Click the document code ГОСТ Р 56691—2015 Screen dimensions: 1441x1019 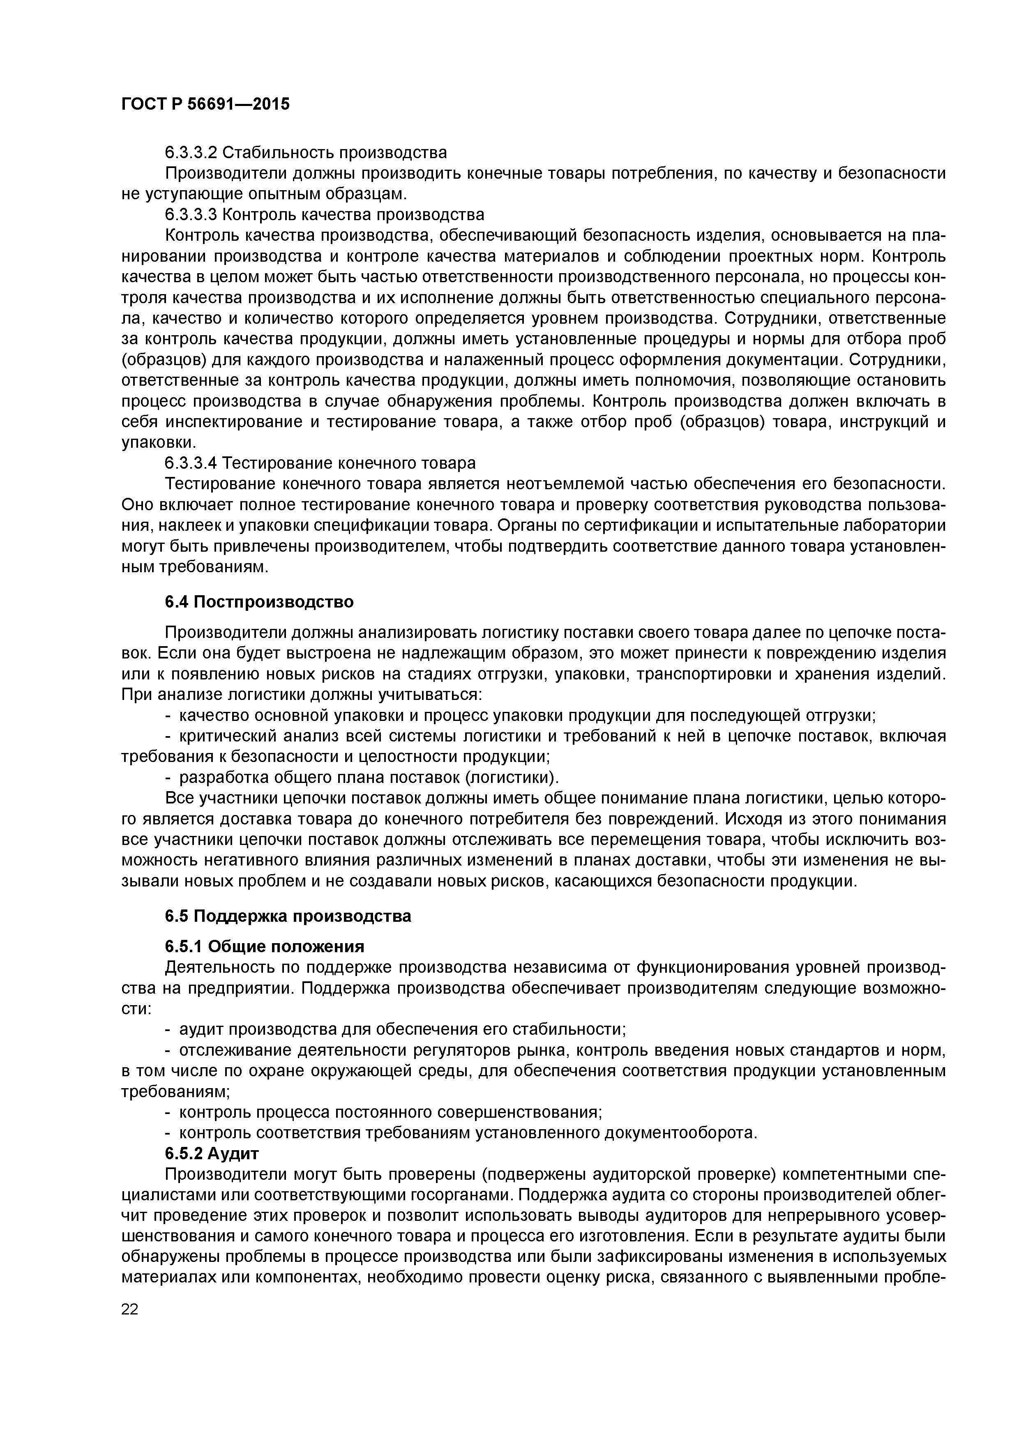click(205, 104)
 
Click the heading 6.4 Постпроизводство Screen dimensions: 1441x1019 click(259, 602)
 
